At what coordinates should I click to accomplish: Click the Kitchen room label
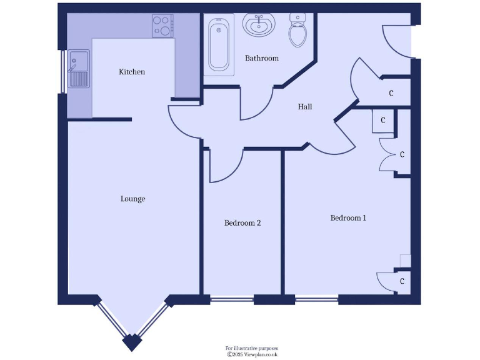coord(132,72)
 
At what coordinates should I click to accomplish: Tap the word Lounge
coord(132,199)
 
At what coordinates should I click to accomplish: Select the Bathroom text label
coord(261,58)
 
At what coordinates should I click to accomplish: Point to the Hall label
coord(305,107)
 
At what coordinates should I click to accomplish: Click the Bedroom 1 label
coord(348,217)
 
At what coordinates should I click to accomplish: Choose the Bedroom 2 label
coord(242,222)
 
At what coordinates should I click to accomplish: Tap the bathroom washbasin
coord(257,25)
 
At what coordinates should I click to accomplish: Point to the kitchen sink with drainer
coord(79,69)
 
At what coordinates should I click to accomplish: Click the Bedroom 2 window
coord(232,300)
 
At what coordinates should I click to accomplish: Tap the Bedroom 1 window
coord(316,300)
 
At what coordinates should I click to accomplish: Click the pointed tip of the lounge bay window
coord(132,342)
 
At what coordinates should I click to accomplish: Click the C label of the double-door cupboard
coord(402,154)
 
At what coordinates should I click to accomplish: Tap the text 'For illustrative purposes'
coord(251,347)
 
